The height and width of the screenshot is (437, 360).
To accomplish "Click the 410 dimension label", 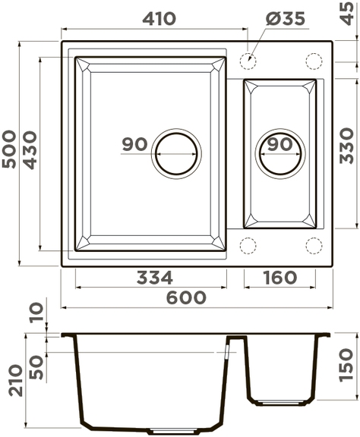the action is tap(159, 19).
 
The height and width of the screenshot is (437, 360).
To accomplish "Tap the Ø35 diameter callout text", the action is tap(286, 19).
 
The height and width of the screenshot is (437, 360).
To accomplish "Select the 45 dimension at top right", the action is tap(347, 14).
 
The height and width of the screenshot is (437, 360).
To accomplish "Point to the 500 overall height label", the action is tap(9, 149).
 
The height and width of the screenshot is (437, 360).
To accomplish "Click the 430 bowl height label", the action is tap(30, 150).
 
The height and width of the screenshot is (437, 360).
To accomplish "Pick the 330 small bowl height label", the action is tap(347, 146).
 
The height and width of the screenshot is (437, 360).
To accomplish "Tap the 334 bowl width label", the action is tap(155, 278).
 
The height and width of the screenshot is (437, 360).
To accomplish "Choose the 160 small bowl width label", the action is tap(280, 278).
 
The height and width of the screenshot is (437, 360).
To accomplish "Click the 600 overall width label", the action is tap(186, 297).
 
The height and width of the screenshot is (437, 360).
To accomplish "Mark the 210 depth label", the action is tap(16, 380).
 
